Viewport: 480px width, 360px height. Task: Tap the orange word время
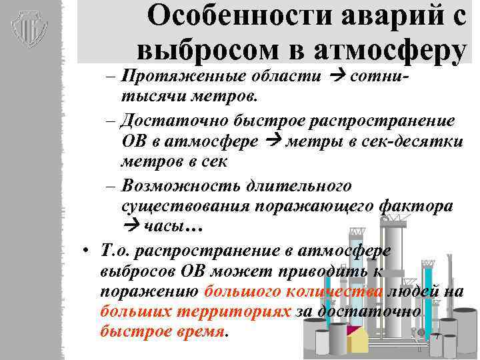(198, 331)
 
